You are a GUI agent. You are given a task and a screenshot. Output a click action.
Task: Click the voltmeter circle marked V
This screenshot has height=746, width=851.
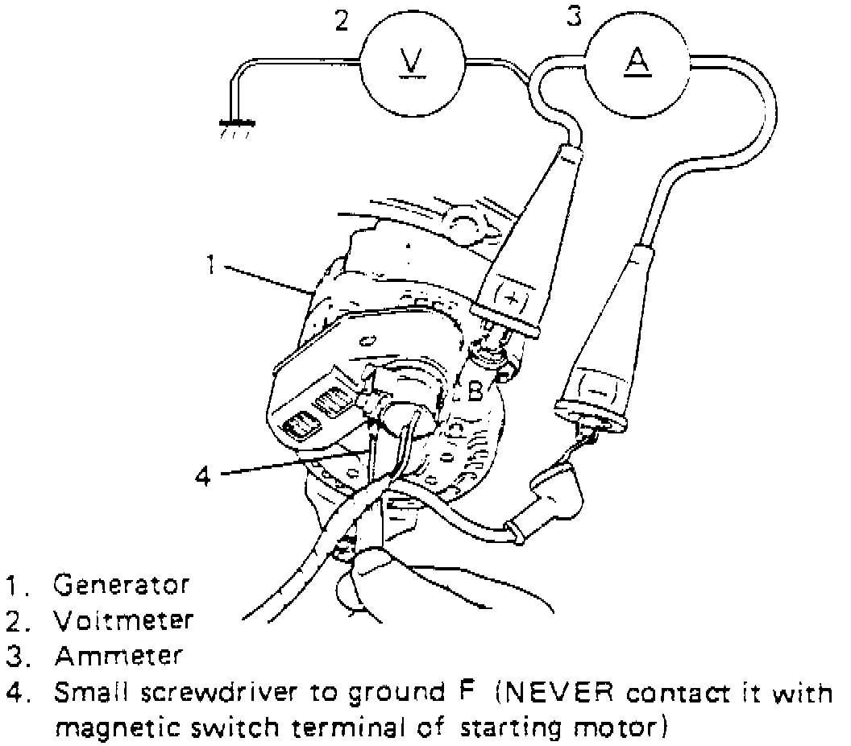click(x=412, y=63)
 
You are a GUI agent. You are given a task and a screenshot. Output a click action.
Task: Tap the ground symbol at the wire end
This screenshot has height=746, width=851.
click(x=236, y=125)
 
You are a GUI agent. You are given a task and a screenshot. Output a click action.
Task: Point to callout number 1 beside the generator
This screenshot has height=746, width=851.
click(x=211, y=264)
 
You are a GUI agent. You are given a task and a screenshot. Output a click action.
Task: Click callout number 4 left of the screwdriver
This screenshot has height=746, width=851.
click(x=205, y=475)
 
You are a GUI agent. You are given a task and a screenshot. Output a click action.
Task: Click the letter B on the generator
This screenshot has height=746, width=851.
click(x=475, y=392)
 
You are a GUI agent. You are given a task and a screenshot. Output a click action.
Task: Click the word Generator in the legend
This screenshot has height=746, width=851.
click(x=122, y=584)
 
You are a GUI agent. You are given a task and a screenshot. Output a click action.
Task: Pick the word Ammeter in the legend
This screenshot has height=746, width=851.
click(x=118, y=657)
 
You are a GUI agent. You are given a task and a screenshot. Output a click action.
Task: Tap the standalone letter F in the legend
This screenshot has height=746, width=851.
click(x=455, y=691)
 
